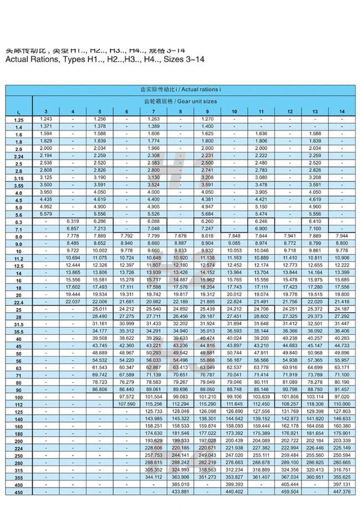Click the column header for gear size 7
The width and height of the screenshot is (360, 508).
(153, 112)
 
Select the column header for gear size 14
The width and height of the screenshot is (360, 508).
(342, 112)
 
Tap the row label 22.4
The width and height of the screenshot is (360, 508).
(19, 303)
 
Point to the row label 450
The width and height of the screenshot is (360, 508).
(19, 492)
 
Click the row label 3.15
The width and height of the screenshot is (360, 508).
(19, 178)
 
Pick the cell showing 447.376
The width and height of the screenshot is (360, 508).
(342, 491)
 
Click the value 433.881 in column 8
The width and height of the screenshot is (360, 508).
(181, 491)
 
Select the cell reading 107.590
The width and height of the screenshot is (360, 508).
(127, 404)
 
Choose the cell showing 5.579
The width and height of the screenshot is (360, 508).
(46, 214)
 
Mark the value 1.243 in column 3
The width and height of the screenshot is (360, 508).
(46, 120)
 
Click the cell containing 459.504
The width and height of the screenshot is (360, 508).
(290, 491)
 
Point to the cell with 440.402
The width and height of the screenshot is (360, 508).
(234, 491)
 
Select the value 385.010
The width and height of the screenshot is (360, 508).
(181, 484)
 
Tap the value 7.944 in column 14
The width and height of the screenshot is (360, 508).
(342, 236)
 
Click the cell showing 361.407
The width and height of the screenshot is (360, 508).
(261, 477)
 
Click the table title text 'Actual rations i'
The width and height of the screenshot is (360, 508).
(201, 89)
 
